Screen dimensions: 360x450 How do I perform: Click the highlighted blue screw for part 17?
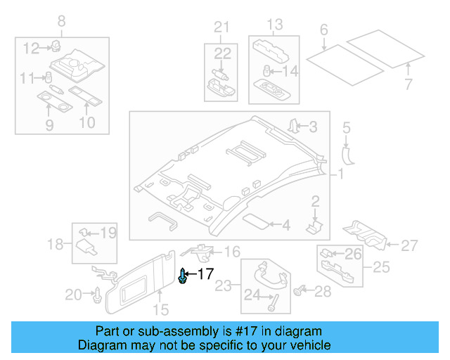184,276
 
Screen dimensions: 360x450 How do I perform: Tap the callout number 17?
205,274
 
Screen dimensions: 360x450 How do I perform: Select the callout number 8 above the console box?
61,20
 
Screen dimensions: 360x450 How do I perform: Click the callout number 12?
30,48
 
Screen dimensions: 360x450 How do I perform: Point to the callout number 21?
222,27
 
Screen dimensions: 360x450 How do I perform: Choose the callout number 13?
276,25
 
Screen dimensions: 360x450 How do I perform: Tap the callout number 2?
316,202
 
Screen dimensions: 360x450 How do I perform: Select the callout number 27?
409,245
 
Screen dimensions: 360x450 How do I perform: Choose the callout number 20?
74,295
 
